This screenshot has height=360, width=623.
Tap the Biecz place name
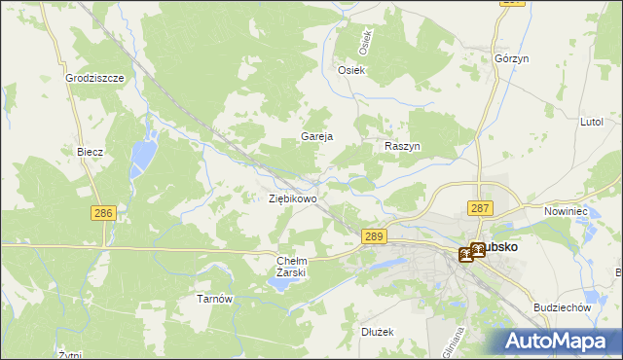pyautogui.click(x=90, y=153)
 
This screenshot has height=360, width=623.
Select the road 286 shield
pyautogui.click(x=104, y=212)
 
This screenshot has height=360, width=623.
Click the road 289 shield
pyautogui.click(x=375, y=235)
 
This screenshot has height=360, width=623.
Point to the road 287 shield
pyautogui.click(x=481, y=208)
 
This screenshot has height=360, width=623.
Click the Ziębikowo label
pyautogui.click(x=292, y=198)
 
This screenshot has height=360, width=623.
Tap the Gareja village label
pyautogui.click(x=317, y=137)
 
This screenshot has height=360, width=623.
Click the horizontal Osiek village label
pyautogui.click(x=350, y=70)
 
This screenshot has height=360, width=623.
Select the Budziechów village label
pyautogui.click(x=564, y=306)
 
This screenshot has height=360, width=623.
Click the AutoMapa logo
pyautogui.click(x=559, y=341)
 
